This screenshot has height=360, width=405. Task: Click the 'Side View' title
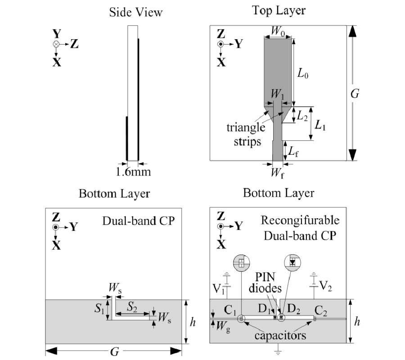[135, 12]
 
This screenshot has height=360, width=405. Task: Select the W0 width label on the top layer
[278, 32]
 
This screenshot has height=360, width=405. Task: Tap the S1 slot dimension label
[99, 310]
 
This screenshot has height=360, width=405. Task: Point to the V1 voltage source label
[217, 288]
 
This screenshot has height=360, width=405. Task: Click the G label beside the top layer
[355, 94]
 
